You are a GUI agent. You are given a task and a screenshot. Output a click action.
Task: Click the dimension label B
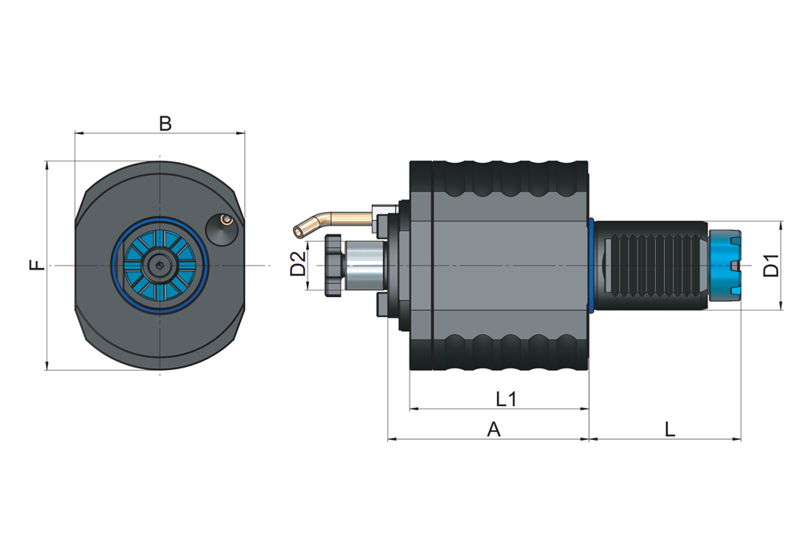click(x=165, y=124)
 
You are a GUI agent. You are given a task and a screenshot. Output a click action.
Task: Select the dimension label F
click(x=36, y=265)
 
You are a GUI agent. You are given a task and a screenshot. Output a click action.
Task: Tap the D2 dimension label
click(x=297, y=264)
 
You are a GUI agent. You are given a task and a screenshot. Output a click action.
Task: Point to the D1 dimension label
click(x=771, y=265)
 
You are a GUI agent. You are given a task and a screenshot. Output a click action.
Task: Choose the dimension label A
click(x=494, y=429)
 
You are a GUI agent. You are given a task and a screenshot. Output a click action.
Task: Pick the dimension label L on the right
click(x=670, y=429)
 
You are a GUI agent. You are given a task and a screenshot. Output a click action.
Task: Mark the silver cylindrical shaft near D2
click(x=364, y=265)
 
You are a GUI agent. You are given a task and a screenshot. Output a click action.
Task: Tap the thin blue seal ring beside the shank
click(x=592, y=265)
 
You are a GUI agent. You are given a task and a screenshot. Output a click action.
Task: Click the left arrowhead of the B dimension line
click(x=78, y=132)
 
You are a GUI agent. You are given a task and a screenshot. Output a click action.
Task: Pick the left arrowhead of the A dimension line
click(x=391, y=439)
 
